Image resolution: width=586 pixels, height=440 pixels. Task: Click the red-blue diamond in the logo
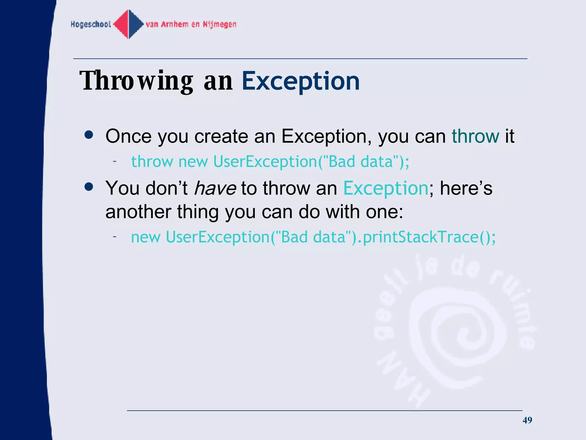click(x=128, y=24)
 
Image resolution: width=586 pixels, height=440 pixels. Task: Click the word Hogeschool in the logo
click(x=91, y=24)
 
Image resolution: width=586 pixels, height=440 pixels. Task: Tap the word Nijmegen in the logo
click(x=219, y=24)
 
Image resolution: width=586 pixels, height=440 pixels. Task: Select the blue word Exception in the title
click(x=300, y=81)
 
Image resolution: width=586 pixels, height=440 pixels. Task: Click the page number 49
click(x=527, y=420)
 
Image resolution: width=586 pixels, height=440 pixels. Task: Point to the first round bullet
click(x=89, y=135)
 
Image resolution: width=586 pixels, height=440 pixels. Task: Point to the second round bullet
click(x=89, y=187)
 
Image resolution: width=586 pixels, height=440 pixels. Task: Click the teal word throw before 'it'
click(x=475, y=136)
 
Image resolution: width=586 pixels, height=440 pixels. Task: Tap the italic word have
click(x=215, y=188)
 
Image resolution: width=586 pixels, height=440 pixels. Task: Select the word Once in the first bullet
click(x=128, y=136)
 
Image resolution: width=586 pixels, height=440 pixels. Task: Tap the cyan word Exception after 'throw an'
click(x=385, y=188)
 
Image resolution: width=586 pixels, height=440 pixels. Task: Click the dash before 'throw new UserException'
click(x=114, y=162)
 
